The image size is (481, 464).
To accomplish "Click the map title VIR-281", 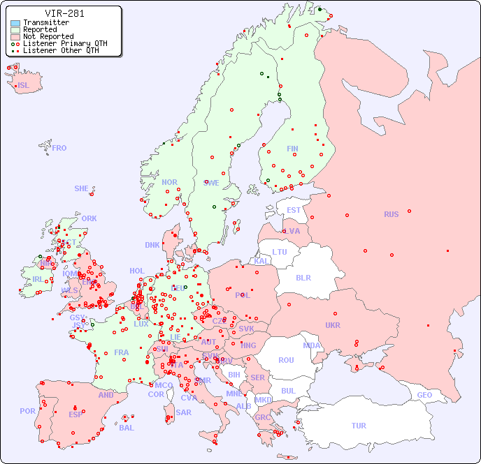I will point(64,13).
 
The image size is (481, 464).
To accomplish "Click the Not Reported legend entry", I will point(48,36).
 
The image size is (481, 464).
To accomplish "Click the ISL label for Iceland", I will point(24,86).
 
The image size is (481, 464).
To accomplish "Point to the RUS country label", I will point(391,214).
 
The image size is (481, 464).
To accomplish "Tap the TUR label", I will point(359,426).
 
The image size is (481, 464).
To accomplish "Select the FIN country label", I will point(292,149).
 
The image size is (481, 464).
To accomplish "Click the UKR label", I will point(333,325).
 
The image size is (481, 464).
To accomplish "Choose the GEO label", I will point(424,395).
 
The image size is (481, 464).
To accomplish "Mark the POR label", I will point(27,411).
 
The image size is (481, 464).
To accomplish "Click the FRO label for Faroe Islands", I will point(59,148).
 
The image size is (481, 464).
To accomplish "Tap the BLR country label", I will point(303,277).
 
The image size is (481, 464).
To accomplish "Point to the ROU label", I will point(286,360).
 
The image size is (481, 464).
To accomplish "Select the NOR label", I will point(169,182).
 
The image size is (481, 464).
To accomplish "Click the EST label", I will point(294,210).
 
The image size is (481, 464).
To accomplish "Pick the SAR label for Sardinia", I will point(183,412).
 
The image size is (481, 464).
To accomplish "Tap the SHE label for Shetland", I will point(82,188).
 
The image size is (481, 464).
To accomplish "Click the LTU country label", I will point(280,252).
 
